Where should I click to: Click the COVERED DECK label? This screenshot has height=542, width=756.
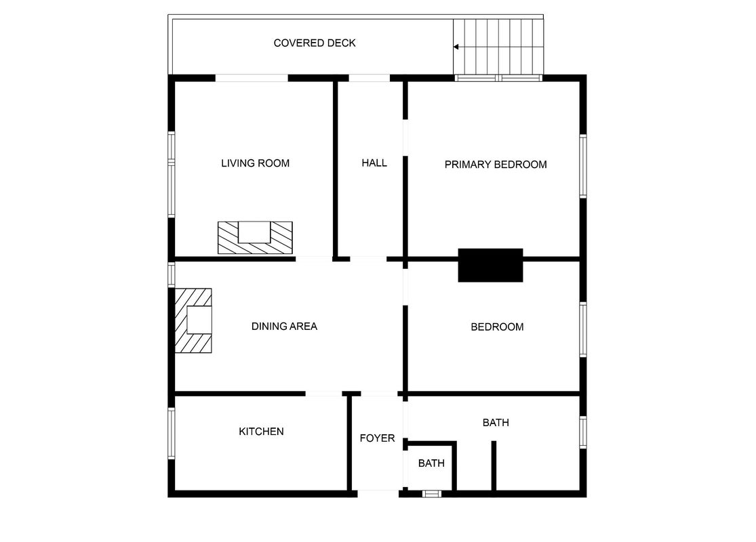coord(315,43)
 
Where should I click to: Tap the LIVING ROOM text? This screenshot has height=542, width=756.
coord(255,163)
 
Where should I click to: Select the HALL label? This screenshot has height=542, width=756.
coord(374,163)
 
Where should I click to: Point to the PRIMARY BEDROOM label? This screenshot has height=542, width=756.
coord(496,165)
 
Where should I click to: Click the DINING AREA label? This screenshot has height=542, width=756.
coord(284,326)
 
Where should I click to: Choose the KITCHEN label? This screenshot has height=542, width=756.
coord(261,431)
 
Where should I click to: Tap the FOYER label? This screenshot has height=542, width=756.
coord(377,438)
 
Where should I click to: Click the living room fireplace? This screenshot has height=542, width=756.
coord(255,238)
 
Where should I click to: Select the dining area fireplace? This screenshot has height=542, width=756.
coord(193,320)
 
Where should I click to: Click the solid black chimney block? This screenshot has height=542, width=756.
coord(490,265)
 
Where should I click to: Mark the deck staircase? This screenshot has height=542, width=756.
coord(498,47)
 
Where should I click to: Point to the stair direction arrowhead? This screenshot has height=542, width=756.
coord(456,47)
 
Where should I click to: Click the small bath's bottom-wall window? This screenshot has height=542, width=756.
coord(431,493)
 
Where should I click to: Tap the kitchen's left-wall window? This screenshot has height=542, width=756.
coord(171,433)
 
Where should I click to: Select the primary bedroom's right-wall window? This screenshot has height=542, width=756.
coord(583,166)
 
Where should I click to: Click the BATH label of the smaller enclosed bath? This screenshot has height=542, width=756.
coord(431,463)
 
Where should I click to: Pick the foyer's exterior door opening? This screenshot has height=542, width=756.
coord(378,493)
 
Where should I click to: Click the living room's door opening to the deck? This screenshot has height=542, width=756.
coord(251,78)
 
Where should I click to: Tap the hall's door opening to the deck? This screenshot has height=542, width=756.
coord(370,78)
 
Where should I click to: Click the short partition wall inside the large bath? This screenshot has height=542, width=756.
coord(494,466)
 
